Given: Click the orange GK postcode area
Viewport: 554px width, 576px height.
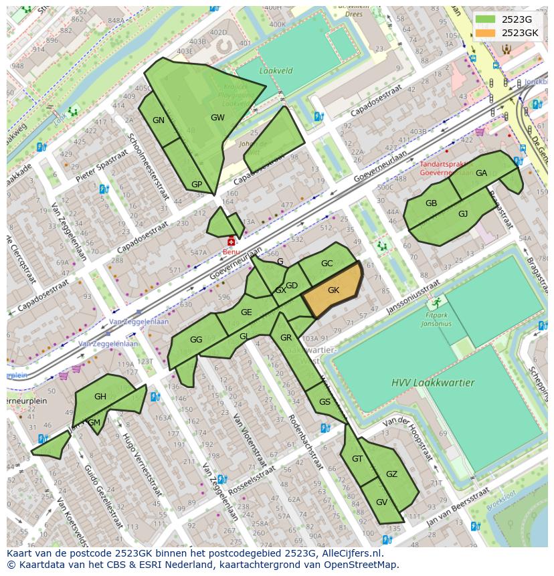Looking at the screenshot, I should pyautogui.click(x=333, y=290).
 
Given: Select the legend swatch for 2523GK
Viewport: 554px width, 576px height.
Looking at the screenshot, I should pyautogui.click(x=486, y=33).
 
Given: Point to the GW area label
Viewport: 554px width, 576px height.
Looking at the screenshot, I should pyautogui.click(x=217, y=117).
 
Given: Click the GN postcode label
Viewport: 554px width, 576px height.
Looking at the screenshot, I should pyautogui.click(x=159, y=120).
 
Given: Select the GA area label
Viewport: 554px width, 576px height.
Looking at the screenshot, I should pyautogui.click(x=481, y=173).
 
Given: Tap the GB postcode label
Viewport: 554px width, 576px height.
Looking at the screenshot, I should pyautogui.click(x=431, y=203).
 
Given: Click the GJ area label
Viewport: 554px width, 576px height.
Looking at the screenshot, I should pyautogui.click(x=463, y=213).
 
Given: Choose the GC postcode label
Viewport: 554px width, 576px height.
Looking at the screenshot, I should pyautogui.click(x=327, y=263).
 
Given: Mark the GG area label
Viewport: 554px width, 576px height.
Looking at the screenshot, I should pyautogui.click(x=195, y=339).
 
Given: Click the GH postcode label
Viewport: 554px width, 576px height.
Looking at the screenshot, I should pyautogui.click(x=100, y=396).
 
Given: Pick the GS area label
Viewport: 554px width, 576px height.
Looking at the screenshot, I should pyautogui.click(x=325, y=401).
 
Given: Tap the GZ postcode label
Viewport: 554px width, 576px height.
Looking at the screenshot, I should pyautogui.click(x=391, y=474).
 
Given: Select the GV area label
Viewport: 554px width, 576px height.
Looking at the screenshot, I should pyautogui.click(x=381, y=502).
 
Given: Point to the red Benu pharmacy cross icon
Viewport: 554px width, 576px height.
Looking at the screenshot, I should pyautogui.click(x=232, y=242).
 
